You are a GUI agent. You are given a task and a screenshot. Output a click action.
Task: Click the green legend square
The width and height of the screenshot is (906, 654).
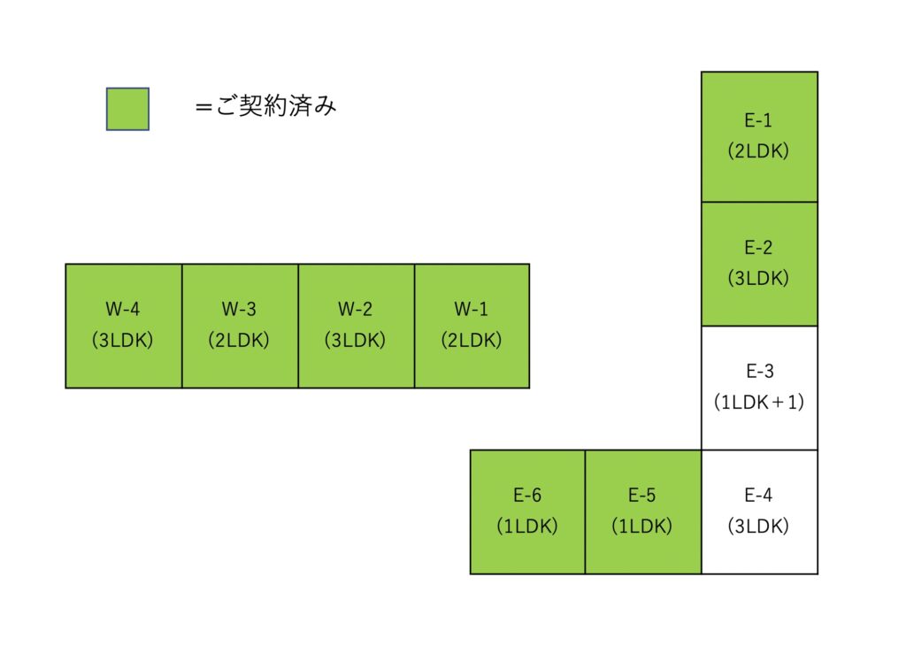[127, 109]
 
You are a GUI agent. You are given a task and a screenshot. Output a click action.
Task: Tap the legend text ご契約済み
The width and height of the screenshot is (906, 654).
[265, 107]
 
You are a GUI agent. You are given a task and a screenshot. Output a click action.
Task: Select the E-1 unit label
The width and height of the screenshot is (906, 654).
[758, 121]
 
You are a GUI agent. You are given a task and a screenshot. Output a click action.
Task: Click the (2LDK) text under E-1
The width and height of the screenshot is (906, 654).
[758, 151]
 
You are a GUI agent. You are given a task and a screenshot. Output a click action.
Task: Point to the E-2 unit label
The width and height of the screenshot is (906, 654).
[758, 248]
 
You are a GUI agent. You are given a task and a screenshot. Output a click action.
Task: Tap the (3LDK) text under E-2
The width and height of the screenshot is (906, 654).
[758, 278]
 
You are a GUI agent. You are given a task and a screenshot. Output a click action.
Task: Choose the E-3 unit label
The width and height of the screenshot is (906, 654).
[758, 372]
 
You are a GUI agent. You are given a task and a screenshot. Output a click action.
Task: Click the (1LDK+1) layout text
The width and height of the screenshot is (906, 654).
[758, 402]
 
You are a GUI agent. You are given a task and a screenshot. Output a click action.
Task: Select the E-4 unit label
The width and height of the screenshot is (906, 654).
[758, 496]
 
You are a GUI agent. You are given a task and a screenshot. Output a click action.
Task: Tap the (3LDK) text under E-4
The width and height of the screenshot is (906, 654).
[758, 526]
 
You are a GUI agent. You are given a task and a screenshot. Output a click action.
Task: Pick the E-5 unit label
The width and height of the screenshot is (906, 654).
[642, 496]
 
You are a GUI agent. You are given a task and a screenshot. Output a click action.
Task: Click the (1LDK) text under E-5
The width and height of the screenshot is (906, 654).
[642, 526]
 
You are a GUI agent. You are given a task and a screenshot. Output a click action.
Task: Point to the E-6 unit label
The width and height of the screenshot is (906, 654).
[527, 496]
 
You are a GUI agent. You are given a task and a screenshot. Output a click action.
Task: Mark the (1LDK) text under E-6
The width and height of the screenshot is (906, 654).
[527, 526]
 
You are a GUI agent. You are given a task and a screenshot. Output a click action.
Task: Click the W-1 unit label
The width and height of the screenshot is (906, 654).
[472, 310]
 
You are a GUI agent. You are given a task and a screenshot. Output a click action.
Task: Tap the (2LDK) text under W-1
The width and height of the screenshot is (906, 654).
[472, 340]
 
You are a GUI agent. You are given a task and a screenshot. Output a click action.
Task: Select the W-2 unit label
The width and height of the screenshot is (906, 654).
[355, 310]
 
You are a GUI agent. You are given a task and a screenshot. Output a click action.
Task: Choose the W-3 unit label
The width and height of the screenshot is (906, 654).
[239, 310]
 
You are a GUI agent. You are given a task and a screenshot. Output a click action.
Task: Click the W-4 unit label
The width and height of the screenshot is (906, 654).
[123, 310]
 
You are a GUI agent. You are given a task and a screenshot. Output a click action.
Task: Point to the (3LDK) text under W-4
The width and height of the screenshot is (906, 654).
[123, 340]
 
